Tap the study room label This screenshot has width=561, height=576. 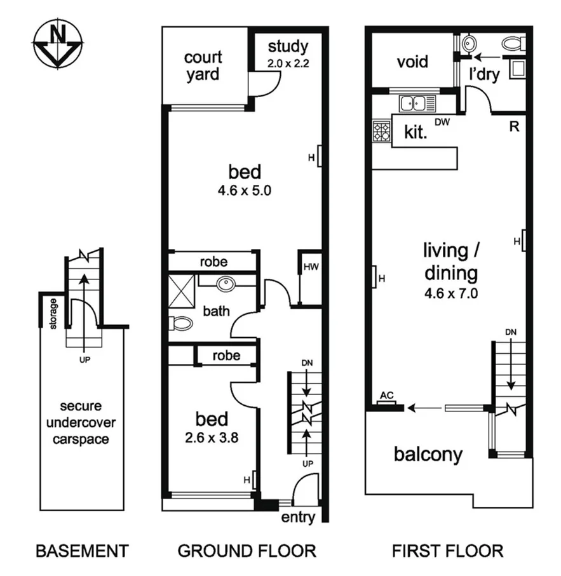click(287, 47)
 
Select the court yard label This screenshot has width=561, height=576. click(203, 65)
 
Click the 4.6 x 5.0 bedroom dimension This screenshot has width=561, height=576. click(245, 191)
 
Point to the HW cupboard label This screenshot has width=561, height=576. click(310, 267)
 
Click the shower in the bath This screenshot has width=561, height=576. click(182, 291)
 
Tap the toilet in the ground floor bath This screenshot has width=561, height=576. click(181, 323)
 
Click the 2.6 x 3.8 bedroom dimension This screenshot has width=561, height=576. click(212, 437)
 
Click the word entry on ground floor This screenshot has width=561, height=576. click(297, 518)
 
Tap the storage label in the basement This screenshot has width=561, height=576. click(53, 314)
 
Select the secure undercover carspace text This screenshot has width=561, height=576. click(83, 422)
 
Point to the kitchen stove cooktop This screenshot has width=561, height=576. click(381, 131)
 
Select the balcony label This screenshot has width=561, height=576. click(428, 455)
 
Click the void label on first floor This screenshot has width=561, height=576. click(412, 62)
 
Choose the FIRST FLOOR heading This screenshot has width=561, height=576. click(447, 551)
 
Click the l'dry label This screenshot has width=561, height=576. click(484, 74)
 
